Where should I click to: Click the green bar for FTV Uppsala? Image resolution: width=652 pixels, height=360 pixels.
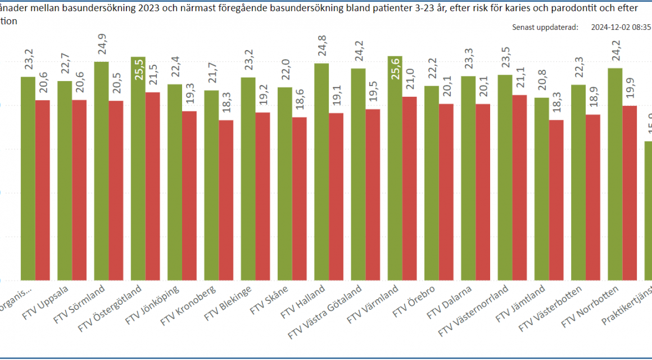pyautogui.click(x=65, y=180)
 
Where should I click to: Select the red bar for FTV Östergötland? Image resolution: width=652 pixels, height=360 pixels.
pyautogui.click(x=152, y=186)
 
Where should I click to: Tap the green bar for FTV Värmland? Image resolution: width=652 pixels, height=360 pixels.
pyautogui.click(x=395, y=169)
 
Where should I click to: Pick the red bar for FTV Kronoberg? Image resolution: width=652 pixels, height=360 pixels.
pyautogui.click(x=226, y=200)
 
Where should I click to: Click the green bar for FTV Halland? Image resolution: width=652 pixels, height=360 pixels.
pyautogui.click(x=322, y=172)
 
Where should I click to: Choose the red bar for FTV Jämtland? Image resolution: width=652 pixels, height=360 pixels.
pyautogui.click(x=556, y=200)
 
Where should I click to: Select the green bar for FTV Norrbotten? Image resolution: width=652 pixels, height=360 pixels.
pyautogui.click(x=615, y=174)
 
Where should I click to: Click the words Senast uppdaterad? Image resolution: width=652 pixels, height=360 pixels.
pyautogui.click(x=545, y=26)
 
